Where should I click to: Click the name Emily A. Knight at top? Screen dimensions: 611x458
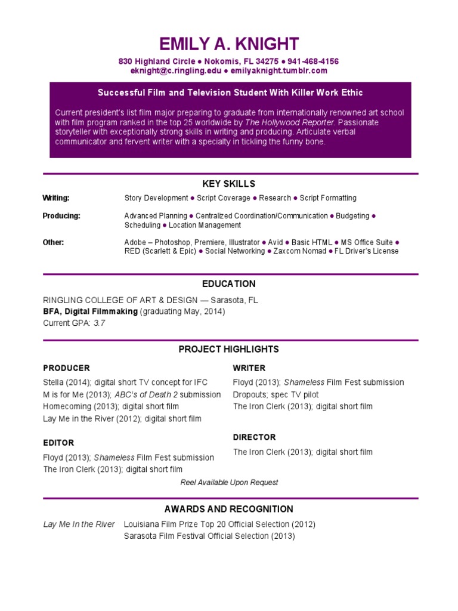coord(229,44)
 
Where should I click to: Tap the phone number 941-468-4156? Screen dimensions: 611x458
coord(313,61)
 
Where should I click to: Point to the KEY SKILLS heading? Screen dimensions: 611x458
coord(229,184)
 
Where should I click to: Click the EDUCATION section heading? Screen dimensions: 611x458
coord(229,284)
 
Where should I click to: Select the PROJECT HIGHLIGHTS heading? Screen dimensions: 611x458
coord(229,349)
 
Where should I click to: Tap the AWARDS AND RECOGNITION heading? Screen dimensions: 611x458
coord(229,509)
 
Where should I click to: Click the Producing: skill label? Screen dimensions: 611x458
coord(61,215)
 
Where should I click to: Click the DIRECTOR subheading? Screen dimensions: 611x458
coord(255,437)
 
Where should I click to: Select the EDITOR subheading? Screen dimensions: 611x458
coord(58,443)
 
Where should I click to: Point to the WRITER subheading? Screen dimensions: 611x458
coord(249,368)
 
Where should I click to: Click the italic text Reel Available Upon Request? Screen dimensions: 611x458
coord(229,482)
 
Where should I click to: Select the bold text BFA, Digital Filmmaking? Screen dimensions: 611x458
coord(90,311)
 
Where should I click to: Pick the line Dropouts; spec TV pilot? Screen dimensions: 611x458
coord(276,394)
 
